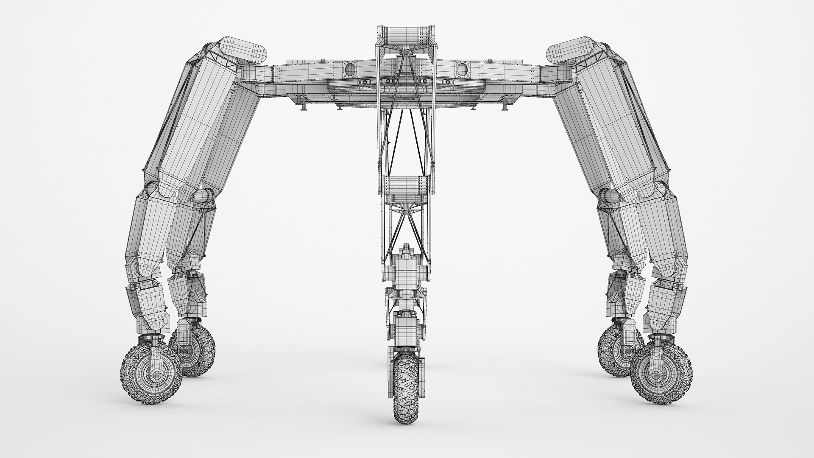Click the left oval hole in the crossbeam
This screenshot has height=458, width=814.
click(x=351, y=68)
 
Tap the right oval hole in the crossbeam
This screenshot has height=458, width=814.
click(x=463, y=68)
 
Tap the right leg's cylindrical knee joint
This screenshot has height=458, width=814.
click(x=609, y=197)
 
